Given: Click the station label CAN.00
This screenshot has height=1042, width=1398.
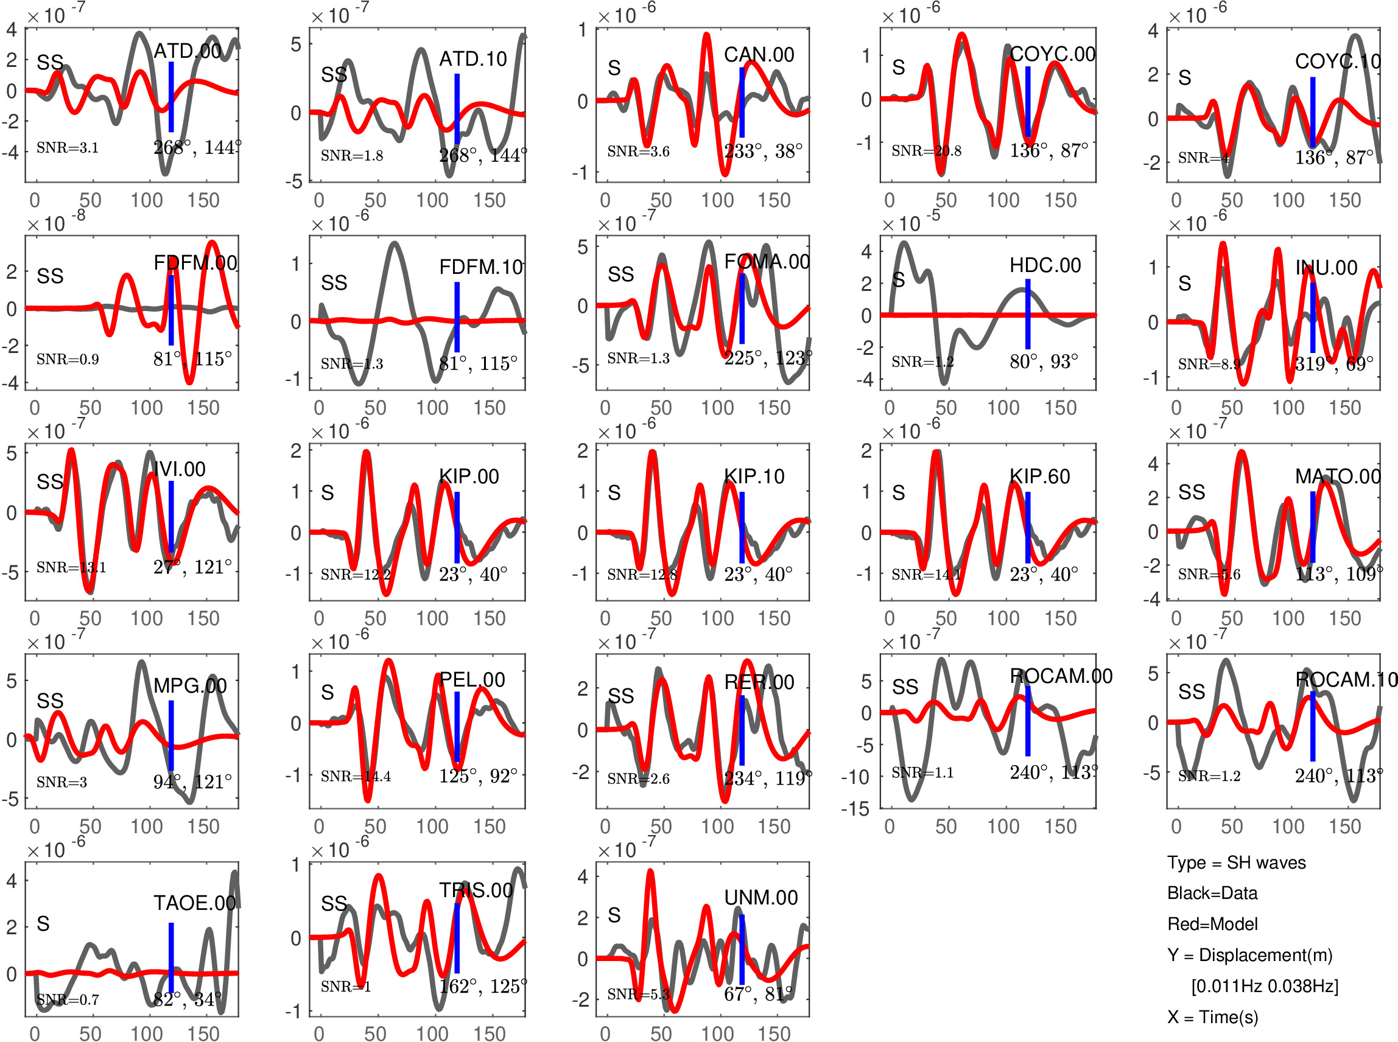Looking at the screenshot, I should [759, 55].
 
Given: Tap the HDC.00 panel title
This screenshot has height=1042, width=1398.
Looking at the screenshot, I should [1045, 265].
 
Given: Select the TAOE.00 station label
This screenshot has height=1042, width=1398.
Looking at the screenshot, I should [194, 903].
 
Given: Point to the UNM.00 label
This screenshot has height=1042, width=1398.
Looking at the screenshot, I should [761, 897].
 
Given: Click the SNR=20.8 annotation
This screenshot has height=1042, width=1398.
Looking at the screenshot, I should [926, 151].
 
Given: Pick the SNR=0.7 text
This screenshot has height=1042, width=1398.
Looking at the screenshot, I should [68, 999].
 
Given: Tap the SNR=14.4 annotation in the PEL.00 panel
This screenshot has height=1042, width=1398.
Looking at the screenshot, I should [355, 776].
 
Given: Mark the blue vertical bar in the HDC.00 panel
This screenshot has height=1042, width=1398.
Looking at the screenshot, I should [1028, 313].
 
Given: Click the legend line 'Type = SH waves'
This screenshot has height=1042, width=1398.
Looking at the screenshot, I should [1236, 862].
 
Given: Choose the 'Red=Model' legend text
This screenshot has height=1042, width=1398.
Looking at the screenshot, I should [1212, 924].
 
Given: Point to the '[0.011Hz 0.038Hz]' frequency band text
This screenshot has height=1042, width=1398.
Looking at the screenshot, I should [1264, 986].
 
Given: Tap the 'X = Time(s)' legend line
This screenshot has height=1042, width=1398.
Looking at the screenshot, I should [1212, 1017].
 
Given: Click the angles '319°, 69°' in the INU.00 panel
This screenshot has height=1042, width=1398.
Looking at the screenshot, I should [1333, 364].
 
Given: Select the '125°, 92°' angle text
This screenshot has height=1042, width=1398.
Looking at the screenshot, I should [477, 776].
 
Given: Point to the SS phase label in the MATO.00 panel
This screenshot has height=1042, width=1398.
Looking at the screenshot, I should [1191, 492].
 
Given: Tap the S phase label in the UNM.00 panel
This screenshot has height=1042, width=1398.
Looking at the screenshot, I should [614, 915].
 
